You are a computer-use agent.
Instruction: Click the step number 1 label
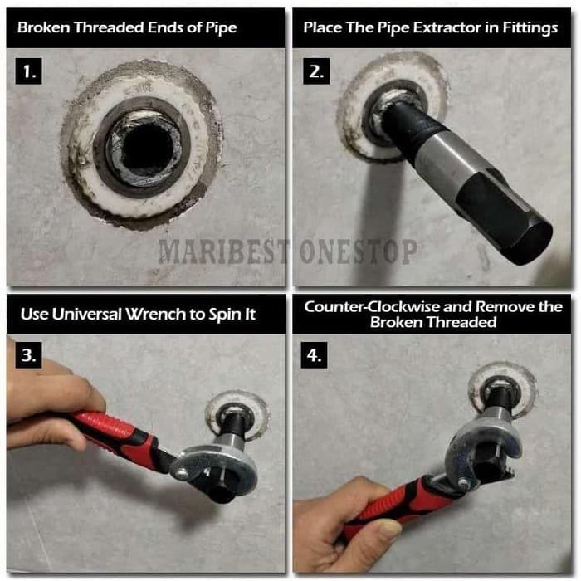tap(28, 71)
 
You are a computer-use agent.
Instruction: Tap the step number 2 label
tap(316, 71)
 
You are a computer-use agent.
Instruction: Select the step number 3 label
tap(28, 355)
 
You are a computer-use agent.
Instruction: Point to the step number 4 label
tap(314, 355)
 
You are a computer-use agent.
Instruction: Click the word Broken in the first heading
tap(44, 27)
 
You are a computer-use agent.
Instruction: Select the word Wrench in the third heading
tap(155, 315)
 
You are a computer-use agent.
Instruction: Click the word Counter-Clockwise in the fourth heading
tap(371, 307)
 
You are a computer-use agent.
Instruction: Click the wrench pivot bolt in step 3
tap(182, 472)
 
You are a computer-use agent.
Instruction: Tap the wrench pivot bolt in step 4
tap(463, 483)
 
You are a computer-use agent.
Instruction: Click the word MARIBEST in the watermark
tap(223, 251)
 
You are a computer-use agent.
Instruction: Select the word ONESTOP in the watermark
tap(358, 251)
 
